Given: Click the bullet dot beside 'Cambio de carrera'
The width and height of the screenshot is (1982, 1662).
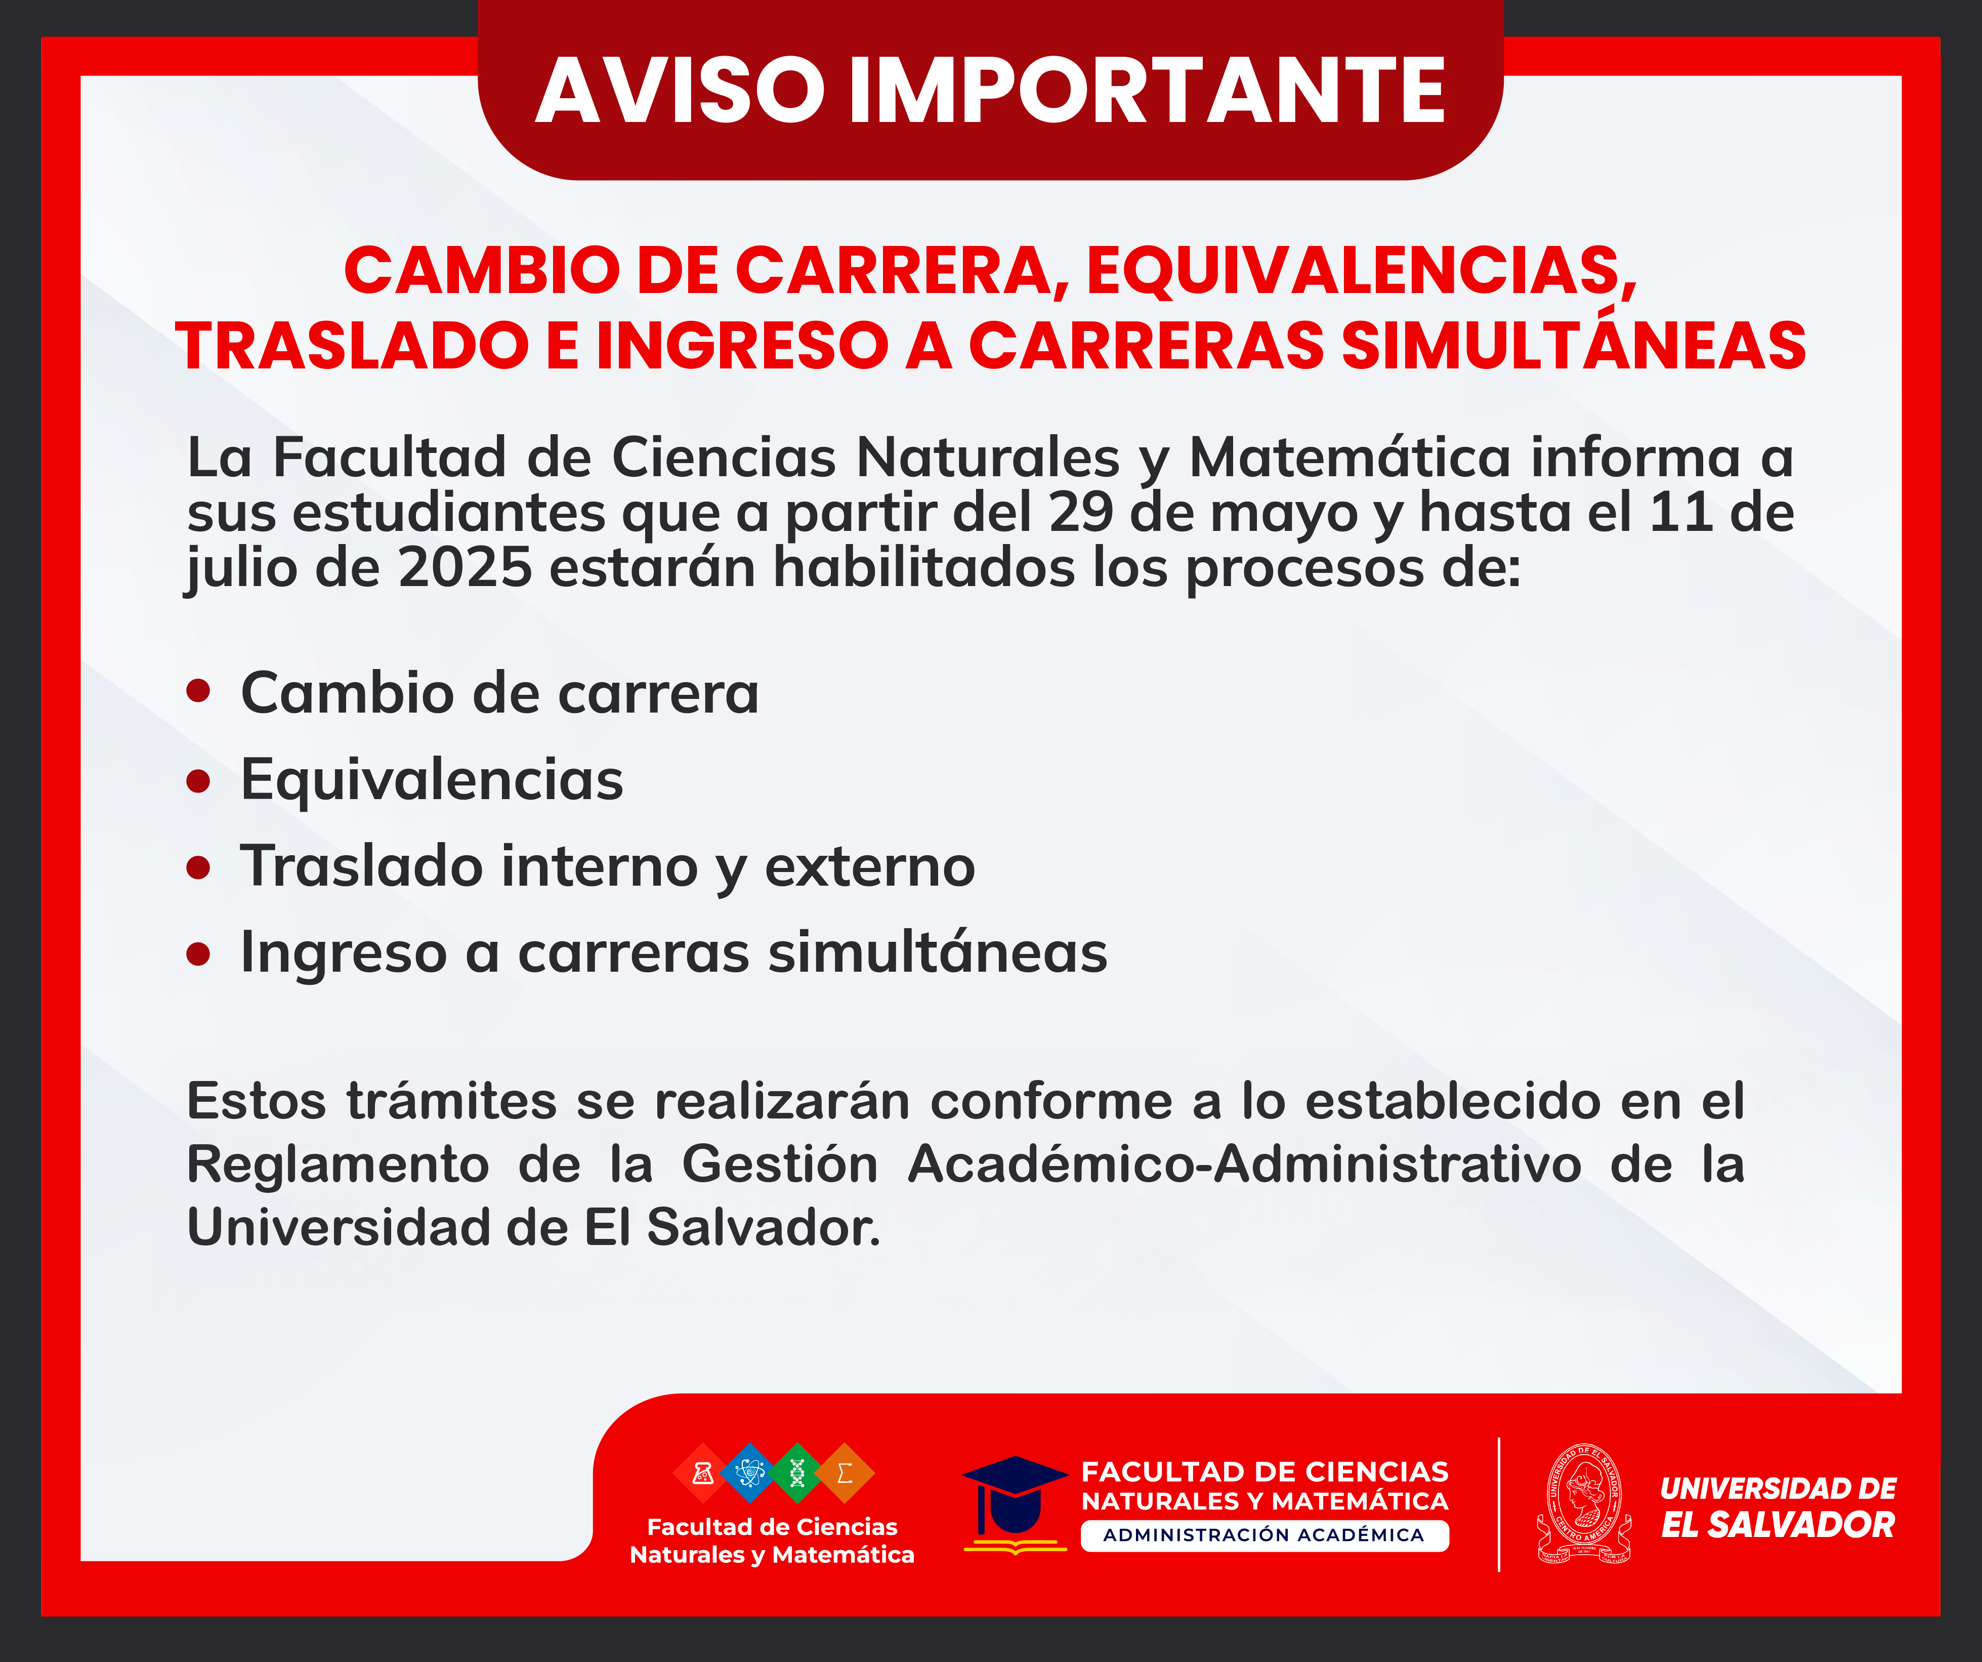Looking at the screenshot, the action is pyautogui.click(x=198, y=692).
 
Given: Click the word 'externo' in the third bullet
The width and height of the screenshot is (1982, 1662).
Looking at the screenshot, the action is pyautogui.click(x=869, y=866).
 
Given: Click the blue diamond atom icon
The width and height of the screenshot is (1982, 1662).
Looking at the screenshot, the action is pyautogui.click(x=750, y=1472).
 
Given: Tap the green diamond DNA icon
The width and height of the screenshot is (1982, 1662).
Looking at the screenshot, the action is pyautogui.click(x=797, y=1472).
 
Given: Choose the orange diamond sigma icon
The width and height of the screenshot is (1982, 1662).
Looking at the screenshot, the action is pyautogui.click(x=845, y=1472).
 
